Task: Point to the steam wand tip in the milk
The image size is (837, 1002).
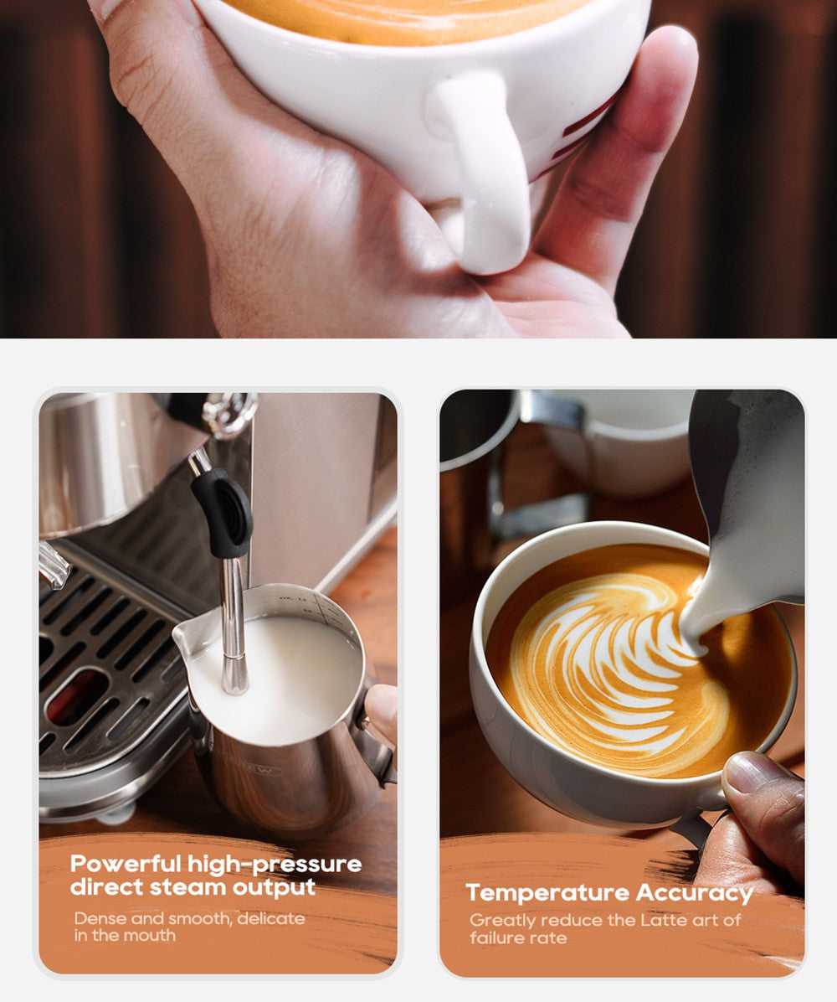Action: pyautogui.click(x=234, y=683)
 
